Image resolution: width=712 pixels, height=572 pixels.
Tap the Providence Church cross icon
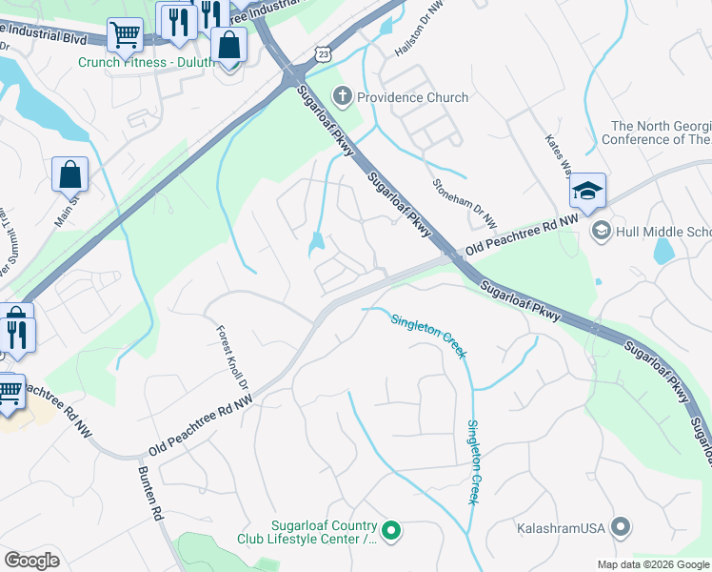(342, 96)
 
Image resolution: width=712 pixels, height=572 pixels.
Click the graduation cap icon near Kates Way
(587, 192)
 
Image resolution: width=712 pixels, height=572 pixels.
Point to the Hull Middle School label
(663, 232)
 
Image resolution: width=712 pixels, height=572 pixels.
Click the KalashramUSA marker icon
(621, 526)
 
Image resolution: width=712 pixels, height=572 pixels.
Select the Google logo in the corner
(31, 561)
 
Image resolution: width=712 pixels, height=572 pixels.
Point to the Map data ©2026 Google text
(654, 564)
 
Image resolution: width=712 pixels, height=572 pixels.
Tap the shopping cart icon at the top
(125, 36)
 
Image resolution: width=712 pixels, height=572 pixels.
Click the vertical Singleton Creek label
(472, 462)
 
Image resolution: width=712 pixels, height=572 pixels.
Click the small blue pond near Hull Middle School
(664, 251)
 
